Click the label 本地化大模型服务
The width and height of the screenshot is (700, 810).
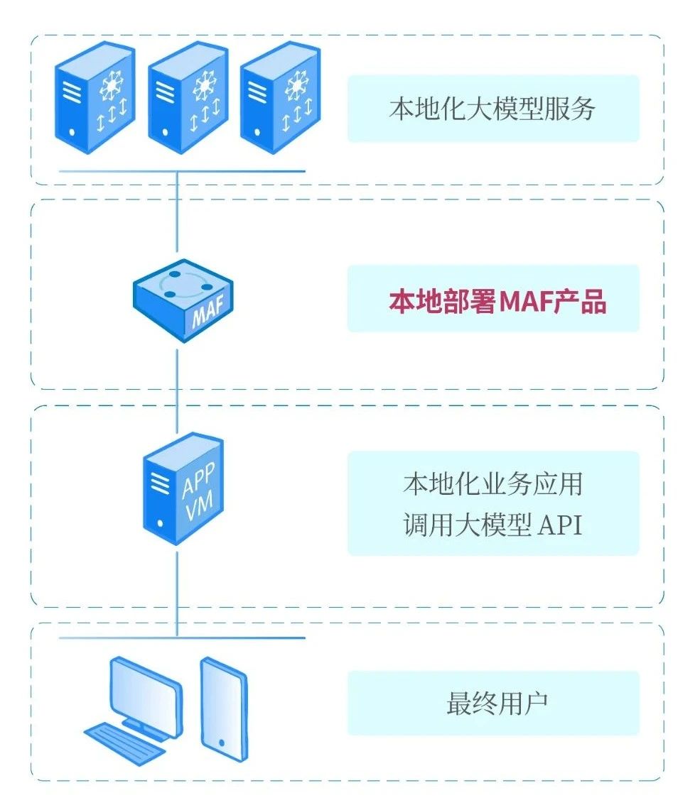pyautogui.click(x=492, y=109)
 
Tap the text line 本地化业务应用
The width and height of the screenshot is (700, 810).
pyautogui.click(x=492, y=484)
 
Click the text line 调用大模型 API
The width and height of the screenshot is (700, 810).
pyautogui.click(x=492, y=525)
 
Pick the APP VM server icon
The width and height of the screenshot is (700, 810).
pyautogui.click(x=183, y=490)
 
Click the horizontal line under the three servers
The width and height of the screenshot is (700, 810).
pyautogui.click(x=182, y=171)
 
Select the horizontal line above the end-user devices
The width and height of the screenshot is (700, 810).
pyautogui.click(x=182, y=637)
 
